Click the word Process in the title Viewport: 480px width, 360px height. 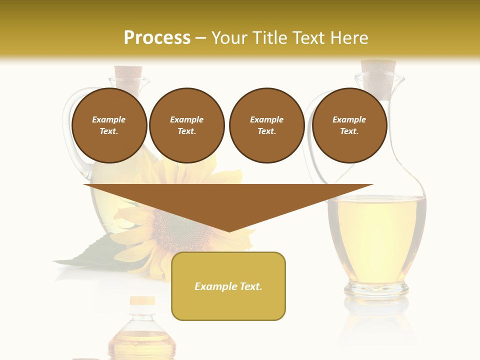coord(157,38)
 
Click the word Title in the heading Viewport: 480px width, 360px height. coord(268,38)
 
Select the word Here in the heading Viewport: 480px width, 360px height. coord(349,38)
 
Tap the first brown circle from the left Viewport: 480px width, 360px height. coord(109,125)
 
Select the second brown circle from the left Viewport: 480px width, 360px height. coord(186,125)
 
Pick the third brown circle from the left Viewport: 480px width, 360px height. coord(266,125)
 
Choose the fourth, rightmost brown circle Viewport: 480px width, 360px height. coord(349,125)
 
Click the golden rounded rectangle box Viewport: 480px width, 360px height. coord(228,286)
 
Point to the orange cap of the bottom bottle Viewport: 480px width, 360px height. coord(142,301)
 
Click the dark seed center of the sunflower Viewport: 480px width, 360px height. coord(177,227)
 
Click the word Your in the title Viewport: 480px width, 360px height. coord(227,38)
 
